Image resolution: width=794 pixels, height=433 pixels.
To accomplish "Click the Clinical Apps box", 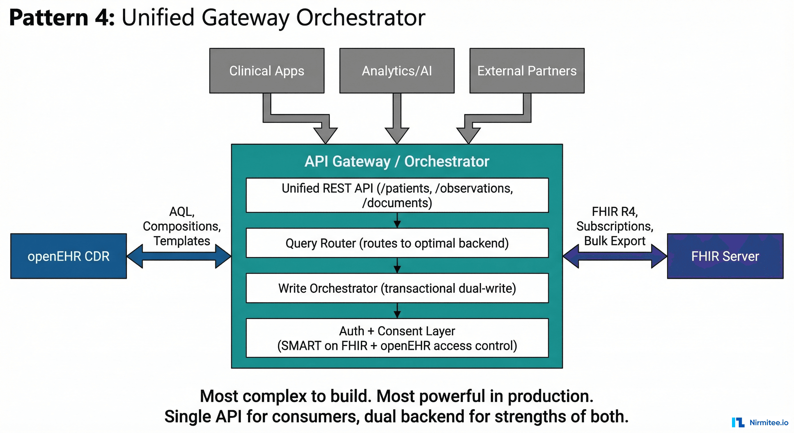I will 267,70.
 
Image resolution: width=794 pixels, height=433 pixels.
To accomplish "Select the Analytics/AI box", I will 397,70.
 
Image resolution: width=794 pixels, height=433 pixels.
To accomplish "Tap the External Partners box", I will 527,70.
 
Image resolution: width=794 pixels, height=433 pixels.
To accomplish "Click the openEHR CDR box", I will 69,256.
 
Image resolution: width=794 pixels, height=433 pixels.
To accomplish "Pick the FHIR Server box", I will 725,256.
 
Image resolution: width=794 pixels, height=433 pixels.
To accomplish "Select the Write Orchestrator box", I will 397,288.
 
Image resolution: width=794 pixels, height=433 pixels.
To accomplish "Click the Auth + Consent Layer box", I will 397,338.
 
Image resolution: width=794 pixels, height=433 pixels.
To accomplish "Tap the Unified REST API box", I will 397,195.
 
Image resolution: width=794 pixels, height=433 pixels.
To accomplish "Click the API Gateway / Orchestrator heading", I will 397,161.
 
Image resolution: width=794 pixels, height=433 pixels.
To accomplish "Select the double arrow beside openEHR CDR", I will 179,256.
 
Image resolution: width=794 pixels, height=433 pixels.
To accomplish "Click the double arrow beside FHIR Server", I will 615,256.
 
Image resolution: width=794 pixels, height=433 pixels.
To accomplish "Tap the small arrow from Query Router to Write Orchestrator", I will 397,266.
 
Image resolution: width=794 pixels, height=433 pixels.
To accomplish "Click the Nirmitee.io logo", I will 760,422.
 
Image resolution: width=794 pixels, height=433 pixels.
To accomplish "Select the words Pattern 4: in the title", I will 62,17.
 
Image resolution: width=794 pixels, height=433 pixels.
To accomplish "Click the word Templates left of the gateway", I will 182,241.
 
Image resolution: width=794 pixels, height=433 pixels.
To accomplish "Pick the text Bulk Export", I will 615,241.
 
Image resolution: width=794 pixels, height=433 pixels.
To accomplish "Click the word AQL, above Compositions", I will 182,211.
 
